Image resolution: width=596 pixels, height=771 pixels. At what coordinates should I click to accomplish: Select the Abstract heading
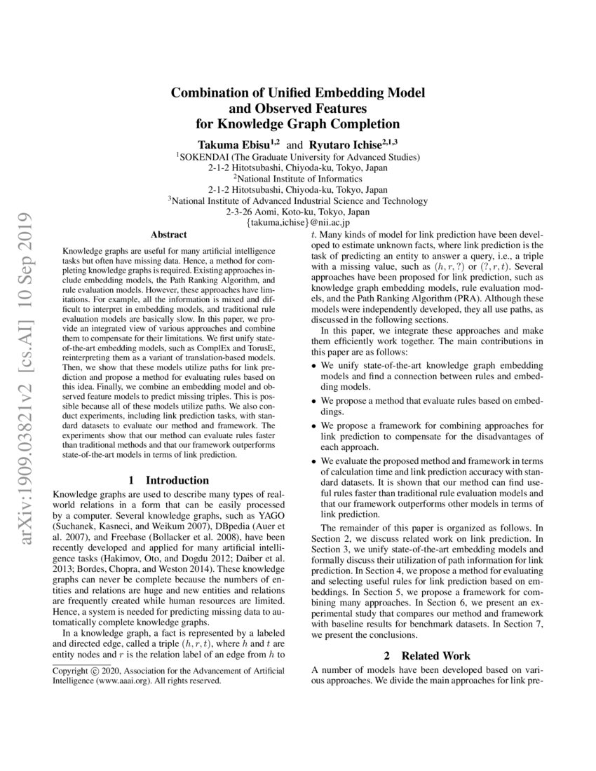168,235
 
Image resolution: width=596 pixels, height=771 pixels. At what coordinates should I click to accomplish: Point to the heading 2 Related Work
426,656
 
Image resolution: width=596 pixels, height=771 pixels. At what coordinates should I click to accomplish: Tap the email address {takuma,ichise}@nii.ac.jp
298,222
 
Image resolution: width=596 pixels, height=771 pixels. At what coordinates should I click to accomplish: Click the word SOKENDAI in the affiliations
205,157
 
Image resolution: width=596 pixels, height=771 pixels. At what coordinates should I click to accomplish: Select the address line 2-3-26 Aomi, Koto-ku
298,212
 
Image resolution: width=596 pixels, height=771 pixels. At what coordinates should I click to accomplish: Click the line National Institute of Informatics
298,179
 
